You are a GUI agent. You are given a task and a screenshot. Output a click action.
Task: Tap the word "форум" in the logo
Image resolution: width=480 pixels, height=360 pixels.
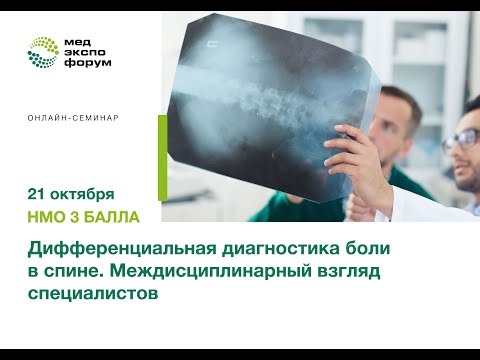[88, 62]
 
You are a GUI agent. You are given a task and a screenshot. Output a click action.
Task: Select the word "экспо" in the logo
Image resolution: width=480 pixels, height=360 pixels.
[86, 51]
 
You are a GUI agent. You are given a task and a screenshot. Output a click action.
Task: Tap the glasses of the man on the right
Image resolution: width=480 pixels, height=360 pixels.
[463, 139]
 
